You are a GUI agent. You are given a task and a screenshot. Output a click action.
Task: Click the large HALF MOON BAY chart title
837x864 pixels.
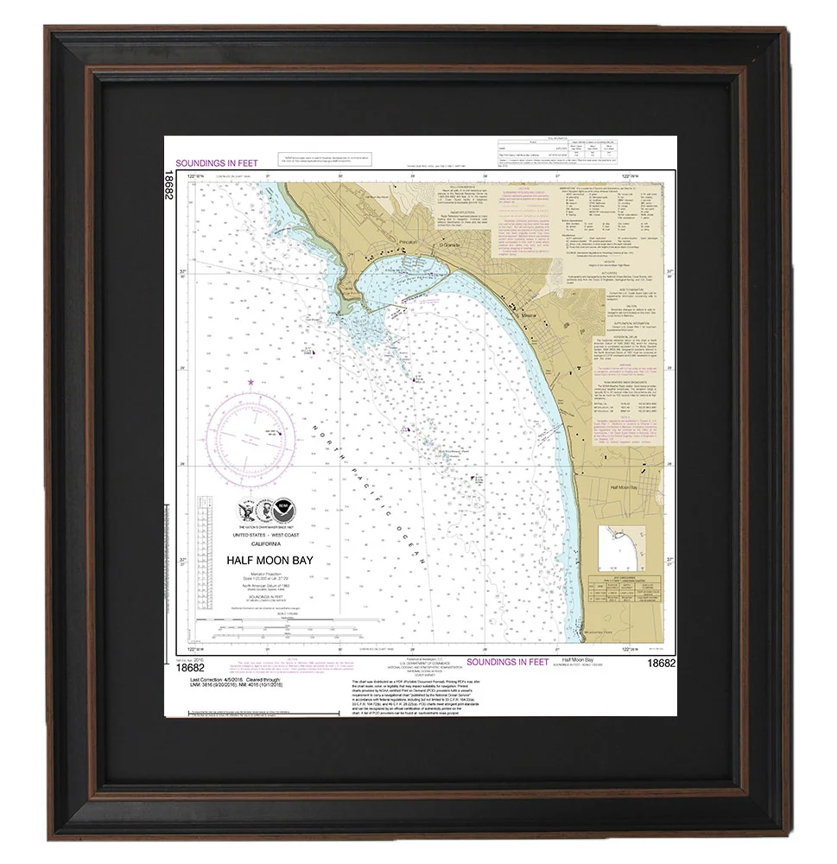[x=269, y=560]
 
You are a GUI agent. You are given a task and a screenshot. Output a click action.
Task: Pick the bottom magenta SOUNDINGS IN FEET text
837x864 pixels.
[x=508, y=663]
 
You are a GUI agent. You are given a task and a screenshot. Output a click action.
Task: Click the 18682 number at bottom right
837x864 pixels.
[x=661, y=664]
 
